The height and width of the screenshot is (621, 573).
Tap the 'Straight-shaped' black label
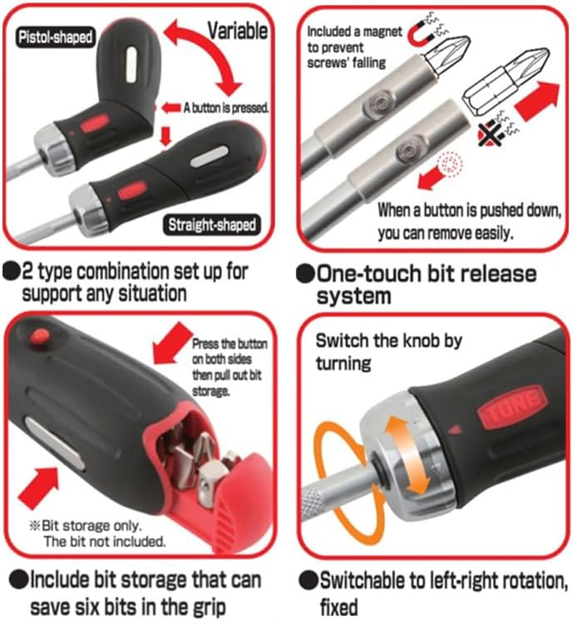(x=211, y=225)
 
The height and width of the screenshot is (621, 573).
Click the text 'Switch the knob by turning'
(x=388, y=351)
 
